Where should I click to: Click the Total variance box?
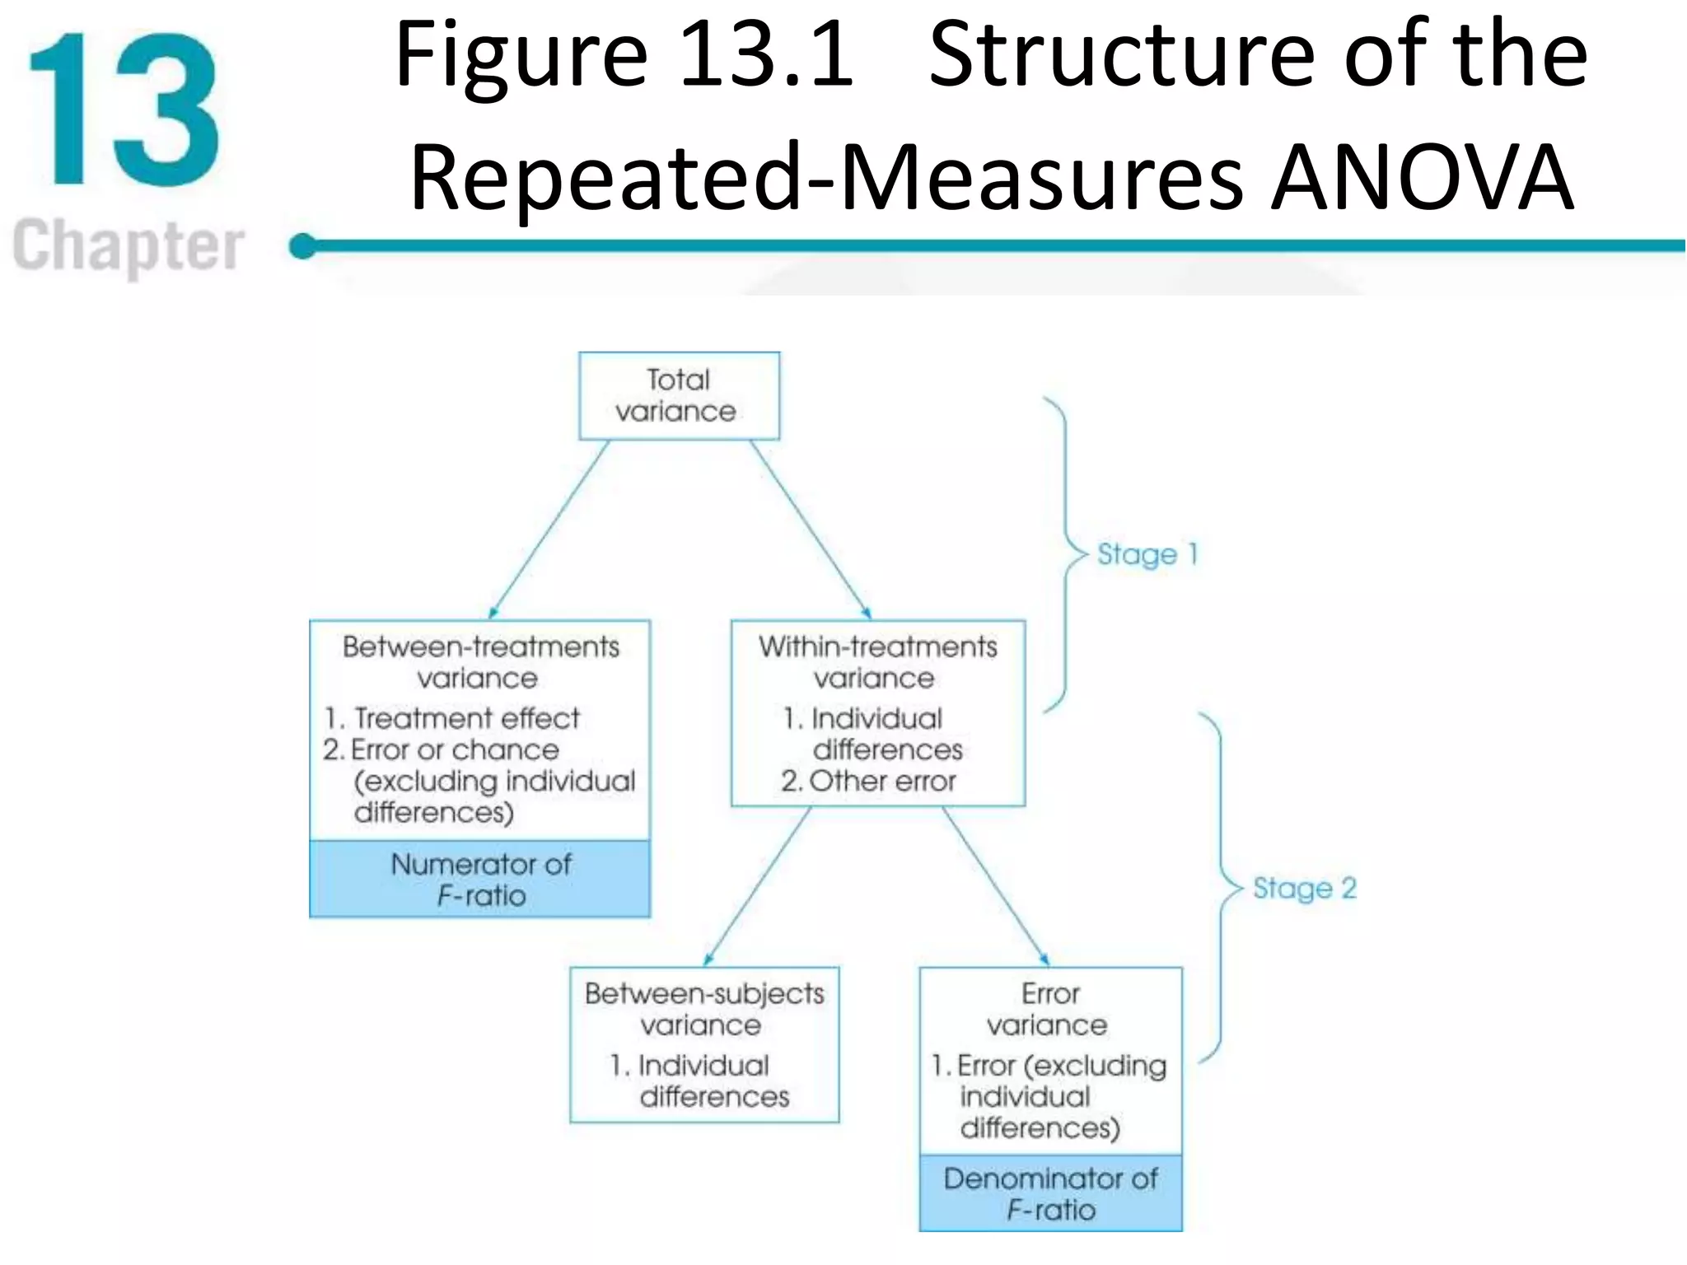point(679,396)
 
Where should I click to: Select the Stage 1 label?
point(1147,554)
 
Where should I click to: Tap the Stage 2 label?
point(1304,889)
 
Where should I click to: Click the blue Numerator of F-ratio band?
point(480,879)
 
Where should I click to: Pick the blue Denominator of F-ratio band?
point(1050,1193)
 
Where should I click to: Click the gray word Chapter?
point(129,245)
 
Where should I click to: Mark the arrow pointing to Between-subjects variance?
point(758,886)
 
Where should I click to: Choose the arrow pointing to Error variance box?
point(995,886)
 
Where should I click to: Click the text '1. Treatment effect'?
point(452,718)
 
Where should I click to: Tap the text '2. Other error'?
point(868,781)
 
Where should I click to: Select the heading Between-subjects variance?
point(704,1009)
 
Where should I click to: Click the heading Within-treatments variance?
point(877,662)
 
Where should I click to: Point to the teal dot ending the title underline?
point(303,245)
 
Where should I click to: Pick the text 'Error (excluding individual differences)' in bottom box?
point(1049,1097)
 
